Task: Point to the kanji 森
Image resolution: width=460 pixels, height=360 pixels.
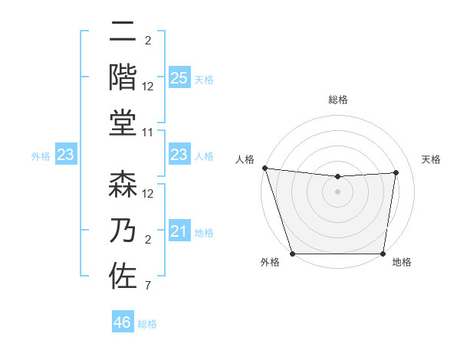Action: [123, 185]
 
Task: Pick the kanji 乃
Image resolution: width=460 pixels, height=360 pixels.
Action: [123, 231]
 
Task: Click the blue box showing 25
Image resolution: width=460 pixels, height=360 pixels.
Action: [179, 77]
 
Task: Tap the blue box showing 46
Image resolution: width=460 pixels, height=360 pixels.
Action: [123, 322]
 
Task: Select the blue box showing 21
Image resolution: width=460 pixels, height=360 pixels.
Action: [179, 231]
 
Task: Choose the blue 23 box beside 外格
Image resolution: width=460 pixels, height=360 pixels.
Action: [65, 155]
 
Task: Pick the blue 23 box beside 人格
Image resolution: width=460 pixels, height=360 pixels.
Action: [179, 155]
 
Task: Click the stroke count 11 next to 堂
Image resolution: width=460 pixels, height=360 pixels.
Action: [149, 133]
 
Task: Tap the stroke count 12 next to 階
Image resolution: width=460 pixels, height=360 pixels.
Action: [149, 87]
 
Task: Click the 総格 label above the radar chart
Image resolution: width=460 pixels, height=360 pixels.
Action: [338, 100]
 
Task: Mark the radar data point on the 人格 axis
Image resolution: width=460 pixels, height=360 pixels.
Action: [264, 168]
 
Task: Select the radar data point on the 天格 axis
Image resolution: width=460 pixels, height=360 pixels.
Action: [396, 172]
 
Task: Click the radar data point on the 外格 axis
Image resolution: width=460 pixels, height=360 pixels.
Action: [292, 254]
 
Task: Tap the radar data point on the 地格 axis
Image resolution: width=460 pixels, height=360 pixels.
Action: [383, 254]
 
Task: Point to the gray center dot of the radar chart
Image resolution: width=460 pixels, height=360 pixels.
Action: [337, 192]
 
